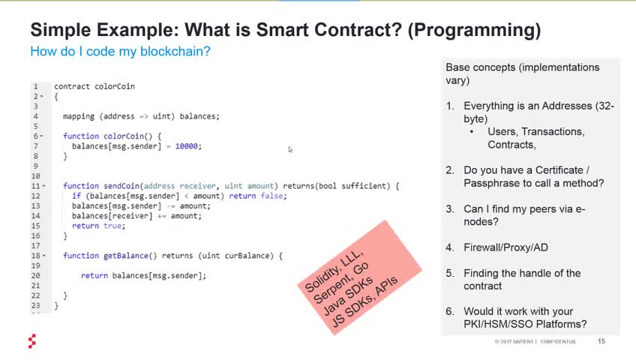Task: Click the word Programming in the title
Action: coord(475,31)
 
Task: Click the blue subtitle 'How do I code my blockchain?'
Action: coord(121,52)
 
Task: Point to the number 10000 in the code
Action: coord(187,146)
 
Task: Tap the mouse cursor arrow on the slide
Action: coord(290,149)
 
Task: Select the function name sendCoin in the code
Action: coord(121,186)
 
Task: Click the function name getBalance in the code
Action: coord(126,256)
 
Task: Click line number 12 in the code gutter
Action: coord(36,196)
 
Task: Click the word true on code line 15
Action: coord(112,226)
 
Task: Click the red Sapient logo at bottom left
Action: coord(32,341)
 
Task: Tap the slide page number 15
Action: coord(601,341)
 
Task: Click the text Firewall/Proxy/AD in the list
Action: coord(505,247)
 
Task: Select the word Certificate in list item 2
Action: coord(559,170)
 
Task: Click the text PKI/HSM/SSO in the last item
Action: coord(497,324)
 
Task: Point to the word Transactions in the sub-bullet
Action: coord(553,132)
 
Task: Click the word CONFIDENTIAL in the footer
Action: coord(558,341)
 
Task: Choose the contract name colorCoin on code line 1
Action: coord(115,86)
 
